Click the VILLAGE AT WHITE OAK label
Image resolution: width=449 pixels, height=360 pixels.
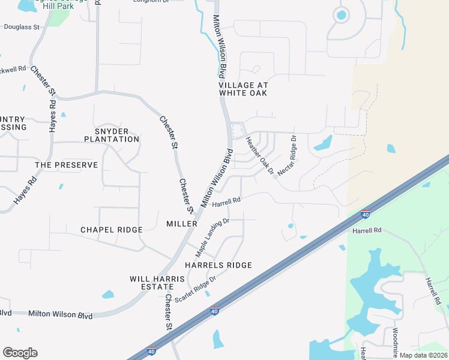click(x=243, y=89)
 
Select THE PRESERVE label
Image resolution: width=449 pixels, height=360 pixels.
click(x=66, y=165)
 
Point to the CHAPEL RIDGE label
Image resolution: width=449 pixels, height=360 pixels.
click(x=112, y=230)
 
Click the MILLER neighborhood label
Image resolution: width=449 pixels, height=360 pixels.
click(x=181, y=224)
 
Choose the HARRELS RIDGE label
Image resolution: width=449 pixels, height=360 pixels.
click(x=218, y=265)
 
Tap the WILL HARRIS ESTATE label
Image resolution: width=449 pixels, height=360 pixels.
click(x=152, y=283)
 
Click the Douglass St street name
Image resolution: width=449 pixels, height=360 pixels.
click(x=22, y=28)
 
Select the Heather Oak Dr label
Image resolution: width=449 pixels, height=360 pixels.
click(x=260, y=155)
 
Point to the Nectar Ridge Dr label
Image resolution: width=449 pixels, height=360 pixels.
click(x=287, y=155)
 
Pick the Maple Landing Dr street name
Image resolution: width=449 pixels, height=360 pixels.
click(x=212, y=238)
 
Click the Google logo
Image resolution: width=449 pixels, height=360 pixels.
click(x=20, y=353)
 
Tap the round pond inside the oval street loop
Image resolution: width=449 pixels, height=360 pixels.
click(x=342, y=14)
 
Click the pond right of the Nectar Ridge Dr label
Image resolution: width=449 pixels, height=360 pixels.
click(x=323, y=143)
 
